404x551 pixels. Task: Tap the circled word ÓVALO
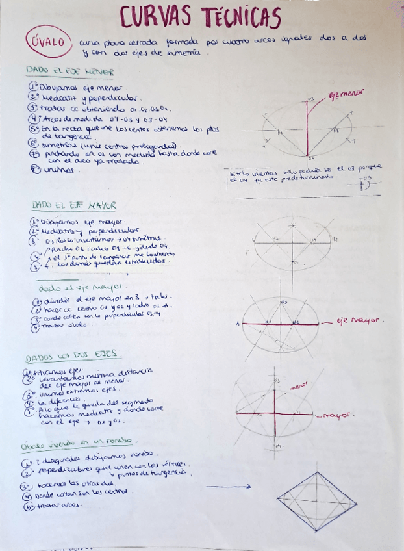point(49,42)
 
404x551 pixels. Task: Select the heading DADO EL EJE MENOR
point(69,71)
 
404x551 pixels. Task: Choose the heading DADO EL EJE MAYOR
point(73,205)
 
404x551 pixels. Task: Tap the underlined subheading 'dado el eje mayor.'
point(73,287)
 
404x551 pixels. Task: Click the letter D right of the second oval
point(335,239)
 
